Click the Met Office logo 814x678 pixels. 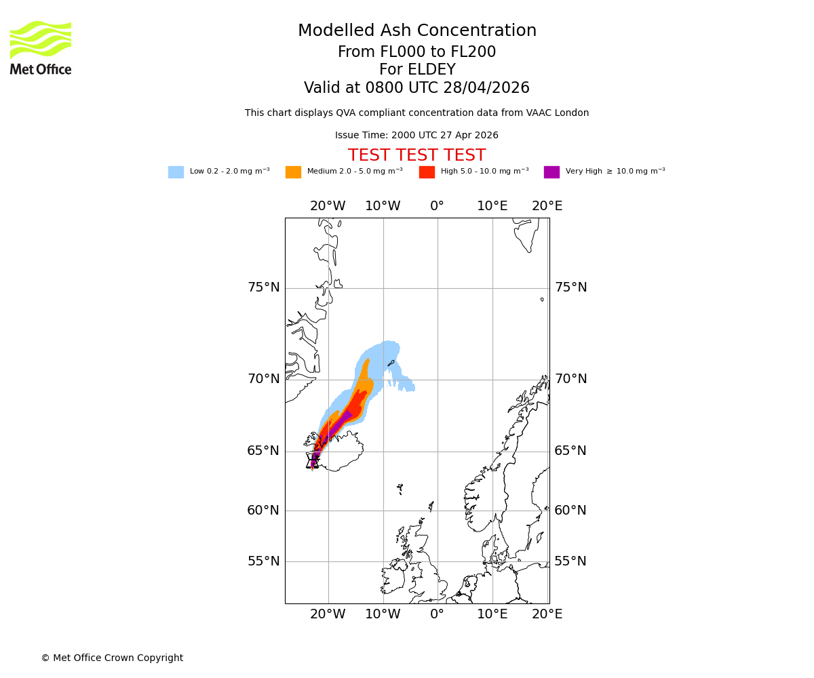pyautogui.click(x=41, y=47)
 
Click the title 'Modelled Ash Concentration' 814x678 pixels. pyautogui.click(x=416, y=31)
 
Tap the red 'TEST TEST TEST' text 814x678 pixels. pyautogui.click(x=416, y=156)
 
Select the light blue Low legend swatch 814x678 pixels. pyautogui.click(x=176, y=172)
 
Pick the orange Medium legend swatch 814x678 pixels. pyautogui.click(x=293, y=172)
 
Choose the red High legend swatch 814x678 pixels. pyautogui.click(x=427, y=172)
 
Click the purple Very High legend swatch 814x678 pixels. pyautogui.click(x=551, y=172)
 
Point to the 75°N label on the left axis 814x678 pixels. pyautogui.click(x=263, y=287)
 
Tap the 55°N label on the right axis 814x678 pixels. pyautogui.click(x=570, y=561)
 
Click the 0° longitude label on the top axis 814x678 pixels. pyautogui.click(x=437, y=206)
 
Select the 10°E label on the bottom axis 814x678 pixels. pyautogui.click(x=492, y=614)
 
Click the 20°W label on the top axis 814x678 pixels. pyautogui.click(x=328, y=206)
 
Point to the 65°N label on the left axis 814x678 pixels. pyautogui.click(x=263, y=451)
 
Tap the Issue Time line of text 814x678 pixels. pyautogui.click(x=416, y=136)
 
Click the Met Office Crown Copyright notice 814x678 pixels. pyautogui.click(x=112, y=658)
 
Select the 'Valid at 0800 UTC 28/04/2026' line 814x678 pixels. pyautogui.click(x=416, y=88)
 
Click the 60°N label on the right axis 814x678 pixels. pyautogui.click(x=570, y=511)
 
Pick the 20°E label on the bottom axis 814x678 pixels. pyautogui.click(x=547, y=614)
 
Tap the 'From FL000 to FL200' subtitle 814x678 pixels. pyautogui.click(x=416, y=52)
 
